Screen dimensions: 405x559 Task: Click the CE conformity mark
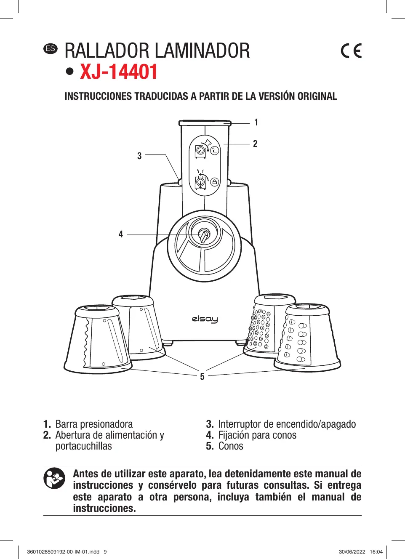[351, 51]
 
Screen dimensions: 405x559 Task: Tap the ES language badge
[51, 48]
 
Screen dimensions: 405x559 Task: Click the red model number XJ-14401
[118, 72]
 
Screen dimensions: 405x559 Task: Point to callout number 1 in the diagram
[256, 122]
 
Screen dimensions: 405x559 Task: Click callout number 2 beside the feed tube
[255, 144]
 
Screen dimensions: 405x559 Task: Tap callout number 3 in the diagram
[139, 156]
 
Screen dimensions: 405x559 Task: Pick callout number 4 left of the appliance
[121, 234]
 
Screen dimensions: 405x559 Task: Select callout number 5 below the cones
[202, 376]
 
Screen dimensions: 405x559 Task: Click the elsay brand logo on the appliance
[205, 319]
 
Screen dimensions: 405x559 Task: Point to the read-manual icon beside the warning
[54, 478]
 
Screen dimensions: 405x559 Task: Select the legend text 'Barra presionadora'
[94, 424]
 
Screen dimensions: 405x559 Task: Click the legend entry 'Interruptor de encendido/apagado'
[287, 424]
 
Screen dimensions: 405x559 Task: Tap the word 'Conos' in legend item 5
[231, 446]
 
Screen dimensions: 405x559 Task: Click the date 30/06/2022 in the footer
[352, 552]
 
